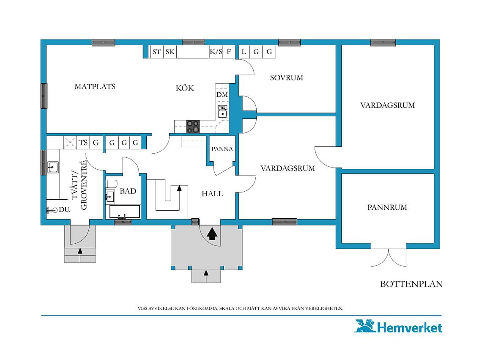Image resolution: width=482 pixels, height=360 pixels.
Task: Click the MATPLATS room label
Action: [x=95, y=87]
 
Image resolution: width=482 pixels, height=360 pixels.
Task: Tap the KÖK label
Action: [x=185, y=88]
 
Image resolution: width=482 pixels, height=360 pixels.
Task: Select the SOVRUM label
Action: [x=287, y=78]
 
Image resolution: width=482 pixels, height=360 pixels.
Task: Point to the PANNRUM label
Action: [x=387, y=207]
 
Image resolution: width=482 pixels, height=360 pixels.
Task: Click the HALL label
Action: [x=212, y=194]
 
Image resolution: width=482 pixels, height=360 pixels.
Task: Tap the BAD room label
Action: [x=128, y=191]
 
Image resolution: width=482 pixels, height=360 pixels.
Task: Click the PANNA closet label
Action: [x=222, y=149]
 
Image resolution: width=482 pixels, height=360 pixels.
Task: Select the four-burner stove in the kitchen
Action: [x=193, y=127]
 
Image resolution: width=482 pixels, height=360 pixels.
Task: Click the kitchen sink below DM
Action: [x=222, y=112]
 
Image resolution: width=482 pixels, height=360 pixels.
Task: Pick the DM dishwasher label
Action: [x=222, y=95]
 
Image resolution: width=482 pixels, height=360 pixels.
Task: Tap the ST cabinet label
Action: [x=156, y=52]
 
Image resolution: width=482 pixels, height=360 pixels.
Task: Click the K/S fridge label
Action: [x=216, y=52]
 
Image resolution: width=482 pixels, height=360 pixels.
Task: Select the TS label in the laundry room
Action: [x=83, y=143]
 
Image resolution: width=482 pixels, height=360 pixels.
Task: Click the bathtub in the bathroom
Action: [x=125, y=212]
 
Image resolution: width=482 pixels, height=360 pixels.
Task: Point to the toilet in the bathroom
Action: [x=111, y=184]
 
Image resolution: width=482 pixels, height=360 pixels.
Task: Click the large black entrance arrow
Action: [x=212, y=234]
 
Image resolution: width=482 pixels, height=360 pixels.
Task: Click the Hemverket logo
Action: [x=398, y=326]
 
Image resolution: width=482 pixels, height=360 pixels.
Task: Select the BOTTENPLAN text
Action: [x=411, y=284]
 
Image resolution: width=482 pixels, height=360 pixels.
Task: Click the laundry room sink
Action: [x=53, y=168]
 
